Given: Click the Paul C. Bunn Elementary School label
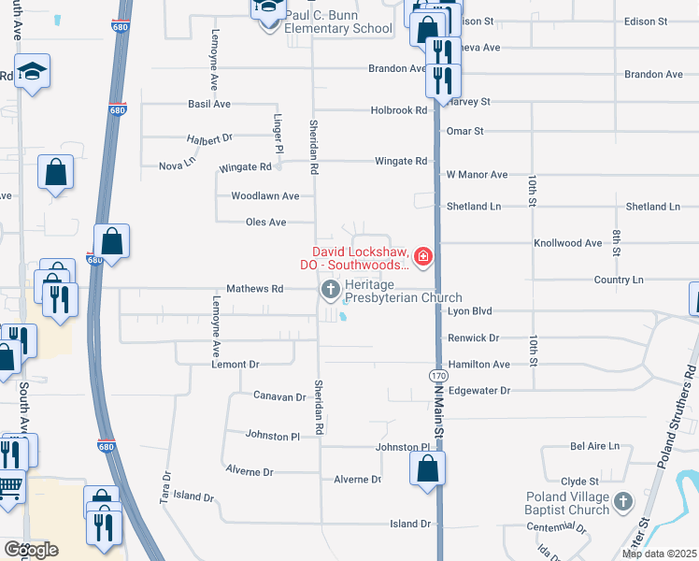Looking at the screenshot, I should (338, 22).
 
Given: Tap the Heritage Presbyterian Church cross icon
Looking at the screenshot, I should (329, 290).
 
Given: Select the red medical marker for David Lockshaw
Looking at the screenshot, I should (422, 255).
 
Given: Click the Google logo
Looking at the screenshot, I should (31, 549).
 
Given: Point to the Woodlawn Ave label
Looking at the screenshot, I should (265, 196).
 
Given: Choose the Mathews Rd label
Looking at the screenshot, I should (255, 289).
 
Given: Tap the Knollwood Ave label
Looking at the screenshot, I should (567, 243).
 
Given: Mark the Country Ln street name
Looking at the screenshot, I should (619, 280).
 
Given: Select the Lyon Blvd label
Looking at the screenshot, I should (470, 310).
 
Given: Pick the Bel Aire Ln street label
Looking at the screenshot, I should (594, 447).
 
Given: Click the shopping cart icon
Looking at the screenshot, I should (8, 488).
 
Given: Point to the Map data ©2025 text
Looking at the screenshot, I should (659, 554).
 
